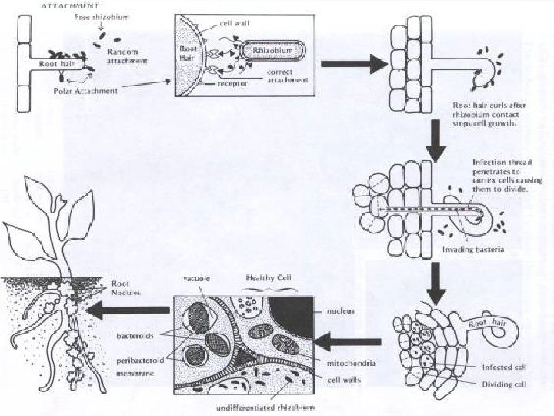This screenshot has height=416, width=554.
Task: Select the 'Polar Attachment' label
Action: pyautogui.click(x=86, y=91)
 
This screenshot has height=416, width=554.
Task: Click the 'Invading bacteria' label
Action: pyautogui.click(x=470, y=250)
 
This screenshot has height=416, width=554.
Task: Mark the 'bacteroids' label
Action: pyautogui.click(x=134, y=337)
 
